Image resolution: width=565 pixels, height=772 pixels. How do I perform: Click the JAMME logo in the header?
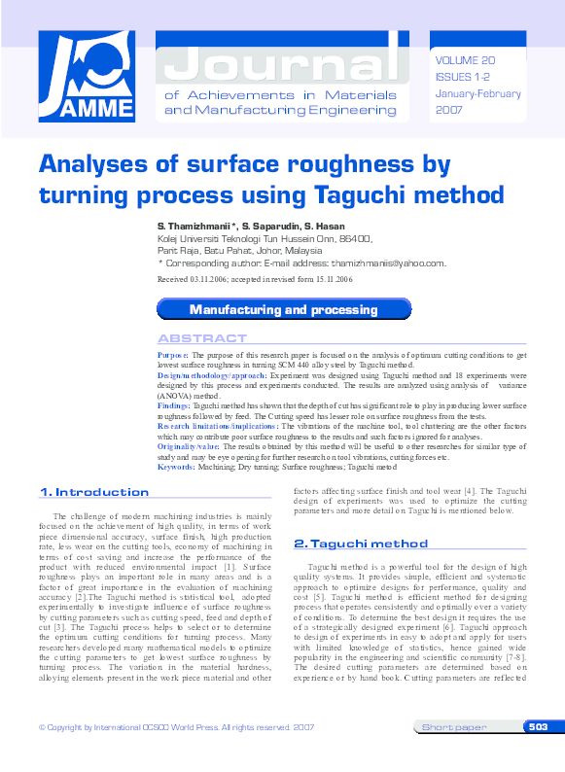pos(86,78)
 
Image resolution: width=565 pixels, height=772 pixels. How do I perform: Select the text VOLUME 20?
pos(467,59)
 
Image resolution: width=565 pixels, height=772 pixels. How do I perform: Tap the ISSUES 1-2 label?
pos(463,77)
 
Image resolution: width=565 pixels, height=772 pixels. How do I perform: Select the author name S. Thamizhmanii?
pos(198,226)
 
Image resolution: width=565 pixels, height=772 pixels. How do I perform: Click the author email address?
pos(387,263)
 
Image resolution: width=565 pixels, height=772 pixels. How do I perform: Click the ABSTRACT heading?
pos(202,338)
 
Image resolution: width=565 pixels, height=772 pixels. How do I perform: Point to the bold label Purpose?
pos(173,356)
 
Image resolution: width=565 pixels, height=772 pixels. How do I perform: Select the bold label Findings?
pos(175,404)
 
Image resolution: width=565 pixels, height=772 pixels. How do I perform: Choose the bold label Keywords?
pos(176,467)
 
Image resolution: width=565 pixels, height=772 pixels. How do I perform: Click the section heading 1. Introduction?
pos(94,492)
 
